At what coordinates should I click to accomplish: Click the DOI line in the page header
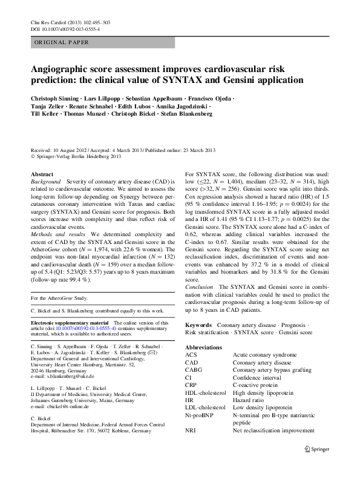(x=65, y=28)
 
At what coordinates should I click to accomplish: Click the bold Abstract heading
(x=42, y=174)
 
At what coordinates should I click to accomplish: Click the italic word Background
(x=46, y=181)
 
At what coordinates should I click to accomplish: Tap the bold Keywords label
(x=199, y=325)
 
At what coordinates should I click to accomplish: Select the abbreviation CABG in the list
(x=195, y=370)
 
